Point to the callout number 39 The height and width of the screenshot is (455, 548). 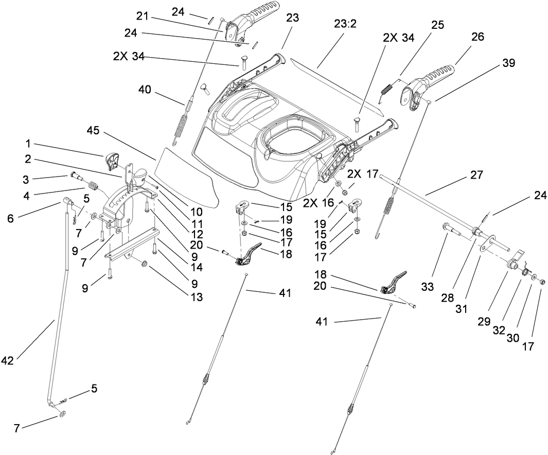point(508,63)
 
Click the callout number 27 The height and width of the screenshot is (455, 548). point(476,175)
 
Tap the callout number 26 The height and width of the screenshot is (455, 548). point(477,38)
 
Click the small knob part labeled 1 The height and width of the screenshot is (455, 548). point(112,161)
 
